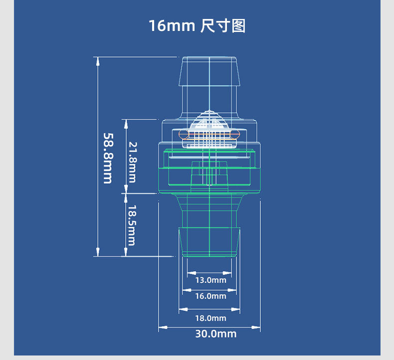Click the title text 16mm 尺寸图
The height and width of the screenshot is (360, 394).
tap(197, 25)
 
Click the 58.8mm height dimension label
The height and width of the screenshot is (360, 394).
tap(108, 158)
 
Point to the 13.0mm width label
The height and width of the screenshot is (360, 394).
tap(210, 280)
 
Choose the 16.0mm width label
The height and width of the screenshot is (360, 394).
tap(210, 296)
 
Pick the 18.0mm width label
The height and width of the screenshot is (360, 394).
tap(210, 318)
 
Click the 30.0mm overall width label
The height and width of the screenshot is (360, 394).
tap(215, 334)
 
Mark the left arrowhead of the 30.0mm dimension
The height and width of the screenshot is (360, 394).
tap(161, 328)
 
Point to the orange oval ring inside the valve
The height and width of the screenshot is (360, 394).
tap(209, 135)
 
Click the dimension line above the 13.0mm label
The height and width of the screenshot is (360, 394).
tap(209, 273)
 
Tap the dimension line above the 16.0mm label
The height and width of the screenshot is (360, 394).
tap(209, 290)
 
